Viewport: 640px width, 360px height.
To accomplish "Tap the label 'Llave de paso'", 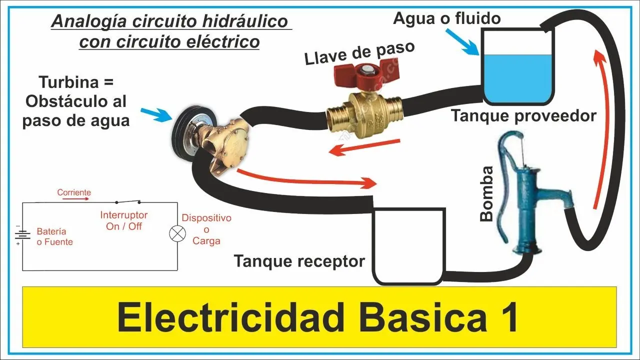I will [360, 53].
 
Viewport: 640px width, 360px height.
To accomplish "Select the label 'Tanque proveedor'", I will [524, 115].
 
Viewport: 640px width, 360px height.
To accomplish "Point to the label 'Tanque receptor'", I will [299, 261].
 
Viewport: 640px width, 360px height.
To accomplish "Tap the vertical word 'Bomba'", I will [486, 193].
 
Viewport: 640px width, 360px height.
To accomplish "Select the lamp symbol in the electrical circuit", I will [175, 234].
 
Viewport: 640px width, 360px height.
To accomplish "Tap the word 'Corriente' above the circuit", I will [74, 192].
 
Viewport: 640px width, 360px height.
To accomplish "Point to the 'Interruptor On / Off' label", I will [124, 220].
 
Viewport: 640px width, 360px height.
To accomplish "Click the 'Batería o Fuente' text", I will [54, 237].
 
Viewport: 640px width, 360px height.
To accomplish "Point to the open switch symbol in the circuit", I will [127, 202].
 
